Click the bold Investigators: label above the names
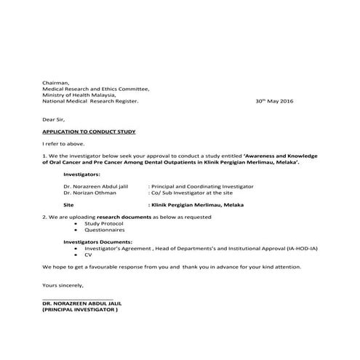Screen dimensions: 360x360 tap(82, 175)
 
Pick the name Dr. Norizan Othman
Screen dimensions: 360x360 tap(91, 193)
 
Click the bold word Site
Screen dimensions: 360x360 tap(69, 206)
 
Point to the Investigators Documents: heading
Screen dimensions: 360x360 tap(97, 241)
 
